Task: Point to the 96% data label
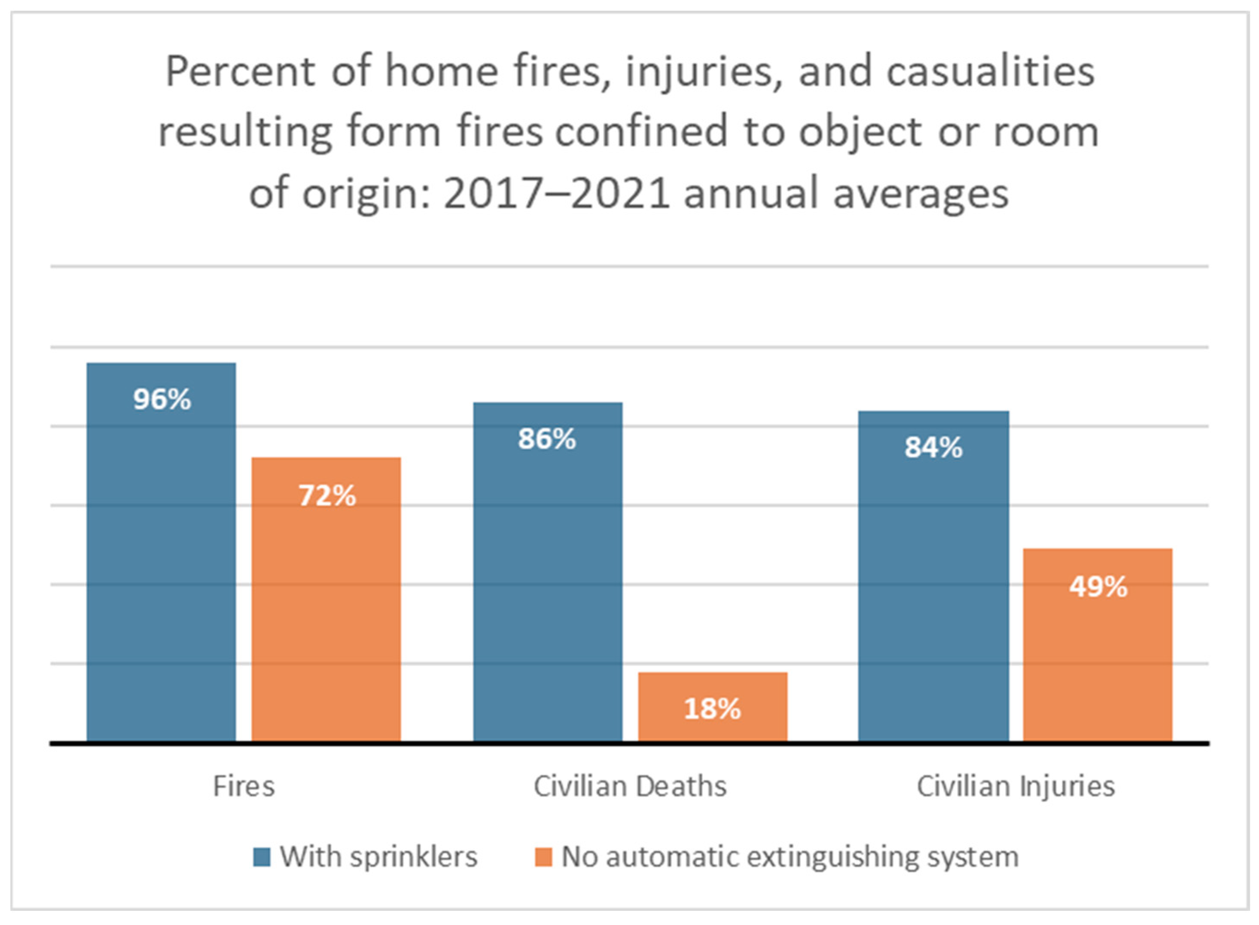point(162,400)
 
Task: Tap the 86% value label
point(547,439)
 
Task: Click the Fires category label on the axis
point(244,786)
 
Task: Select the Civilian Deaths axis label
point(630,786)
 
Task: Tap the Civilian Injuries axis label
point(1015,786)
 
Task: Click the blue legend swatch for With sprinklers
point(262,857)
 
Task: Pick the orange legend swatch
point(543,857)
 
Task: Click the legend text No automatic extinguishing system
point(790,857)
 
